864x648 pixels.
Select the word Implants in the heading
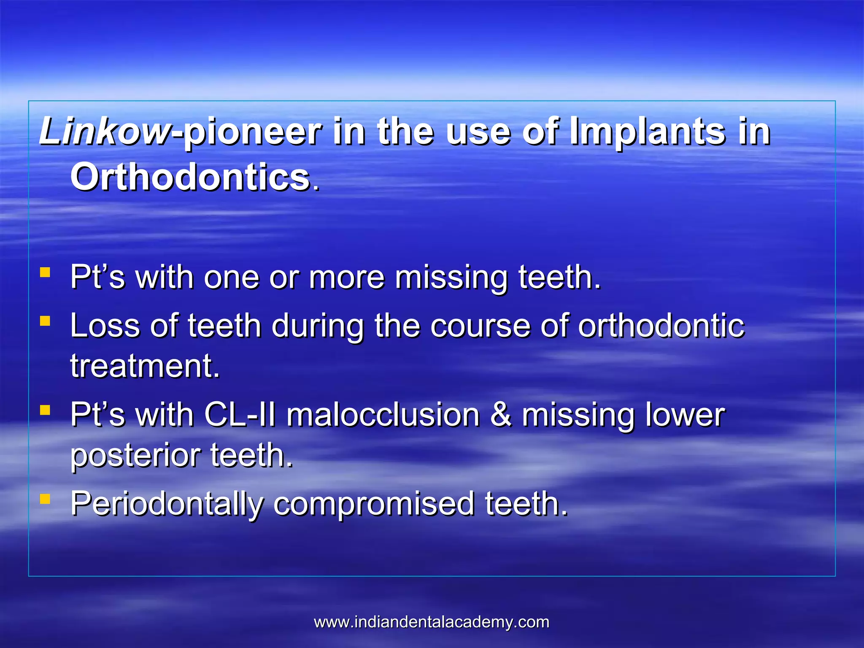pos(647,132)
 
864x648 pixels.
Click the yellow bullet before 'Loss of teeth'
pos(45,321)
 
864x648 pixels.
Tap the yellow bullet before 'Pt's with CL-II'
pos(45,410)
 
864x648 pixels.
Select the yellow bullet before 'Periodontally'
pos(45,499)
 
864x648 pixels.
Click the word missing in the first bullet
pos(451,278)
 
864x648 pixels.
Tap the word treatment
pos(145,366)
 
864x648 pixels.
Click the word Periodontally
pos(167,505)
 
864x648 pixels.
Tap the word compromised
pos(374,505)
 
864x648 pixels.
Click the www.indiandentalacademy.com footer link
pos(432,622)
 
